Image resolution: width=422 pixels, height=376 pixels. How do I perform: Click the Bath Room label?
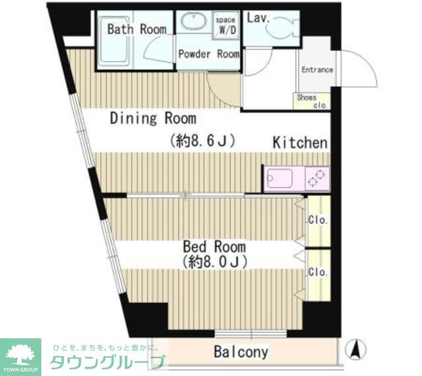(137, 29)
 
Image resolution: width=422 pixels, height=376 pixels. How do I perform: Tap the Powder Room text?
(208, 54)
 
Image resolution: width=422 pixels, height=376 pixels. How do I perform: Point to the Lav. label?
(258, 18)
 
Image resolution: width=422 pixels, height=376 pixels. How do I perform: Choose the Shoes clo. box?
(311, 101)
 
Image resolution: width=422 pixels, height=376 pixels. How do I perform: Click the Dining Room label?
(153, 119)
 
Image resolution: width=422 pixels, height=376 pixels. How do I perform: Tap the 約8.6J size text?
(202, 140)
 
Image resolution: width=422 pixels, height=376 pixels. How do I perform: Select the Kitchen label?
(300, 143)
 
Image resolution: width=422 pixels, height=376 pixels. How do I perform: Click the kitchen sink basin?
(280, 179)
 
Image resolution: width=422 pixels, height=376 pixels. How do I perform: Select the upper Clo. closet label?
(318, 221)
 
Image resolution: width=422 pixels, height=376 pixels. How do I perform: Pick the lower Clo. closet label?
(318, 272)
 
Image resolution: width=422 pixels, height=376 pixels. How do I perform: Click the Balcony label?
(241, 352)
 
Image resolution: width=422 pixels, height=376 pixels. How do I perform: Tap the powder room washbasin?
(194, 22)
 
